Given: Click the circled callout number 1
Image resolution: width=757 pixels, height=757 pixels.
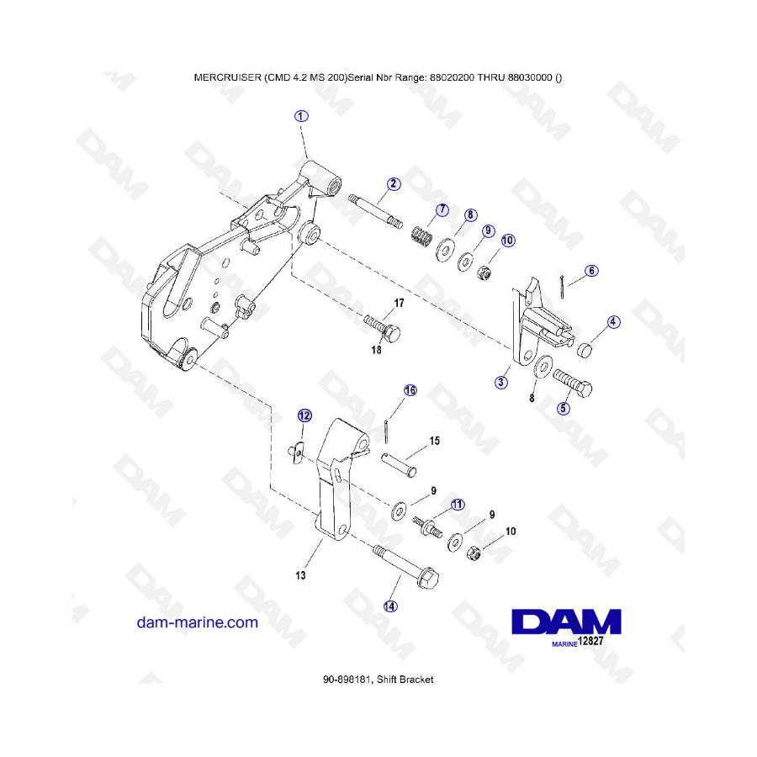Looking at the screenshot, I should coord(301,116).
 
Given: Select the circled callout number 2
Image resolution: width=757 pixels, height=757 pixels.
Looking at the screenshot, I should coord(394,183).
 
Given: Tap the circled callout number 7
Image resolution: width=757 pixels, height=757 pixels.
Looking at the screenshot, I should coord(441,209).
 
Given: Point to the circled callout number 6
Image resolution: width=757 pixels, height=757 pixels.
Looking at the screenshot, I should coord(592,271).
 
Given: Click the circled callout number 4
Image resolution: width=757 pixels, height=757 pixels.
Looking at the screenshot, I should coord(614,321).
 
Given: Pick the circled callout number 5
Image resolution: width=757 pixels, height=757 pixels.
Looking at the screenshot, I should coord(564,408).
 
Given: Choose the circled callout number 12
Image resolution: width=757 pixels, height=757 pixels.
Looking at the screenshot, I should coord(304,415).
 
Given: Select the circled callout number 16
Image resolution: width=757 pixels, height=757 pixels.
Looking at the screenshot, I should coord(410,390).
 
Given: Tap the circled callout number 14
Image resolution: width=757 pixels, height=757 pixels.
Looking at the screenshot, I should coord(389,605).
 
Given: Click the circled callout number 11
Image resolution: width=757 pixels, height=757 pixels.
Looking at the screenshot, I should coord(457,504).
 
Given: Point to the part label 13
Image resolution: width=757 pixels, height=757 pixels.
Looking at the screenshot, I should coord(300,576).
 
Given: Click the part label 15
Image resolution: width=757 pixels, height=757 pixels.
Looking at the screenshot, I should coord(434,441).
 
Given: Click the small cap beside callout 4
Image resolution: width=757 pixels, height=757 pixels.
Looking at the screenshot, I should coord(585,349).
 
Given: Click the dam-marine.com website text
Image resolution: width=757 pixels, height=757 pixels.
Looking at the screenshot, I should coord(197,622).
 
